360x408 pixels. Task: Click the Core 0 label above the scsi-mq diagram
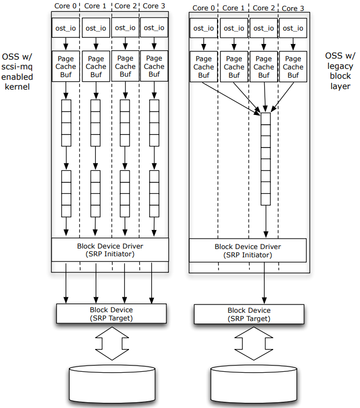click(x=65, y=6)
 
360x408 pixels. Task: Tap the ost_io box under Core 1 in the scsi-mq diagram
click(x=96, y=28)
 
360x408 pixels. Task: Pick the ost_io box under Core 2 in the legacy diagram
click(x=264, y=28)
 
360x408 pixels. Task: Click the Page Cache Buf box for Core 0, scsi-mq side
click(x=66, y=66)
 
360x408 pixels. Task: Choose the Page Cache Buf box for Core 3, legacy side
click(x=293, y=67)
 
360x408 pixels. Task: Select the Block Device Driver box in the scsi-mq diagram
click(x=110, y=250)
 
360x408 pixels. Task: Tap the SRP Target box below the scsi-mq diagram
click(x=111, y=314)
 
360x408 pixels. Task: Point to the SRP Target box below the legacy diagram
click(x=249, y=314)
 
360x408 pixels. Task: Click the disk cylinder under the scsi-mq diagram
click(x=112, y=384)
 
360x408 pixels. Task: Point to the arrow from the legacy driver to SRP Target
click(x=265, y=283)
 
